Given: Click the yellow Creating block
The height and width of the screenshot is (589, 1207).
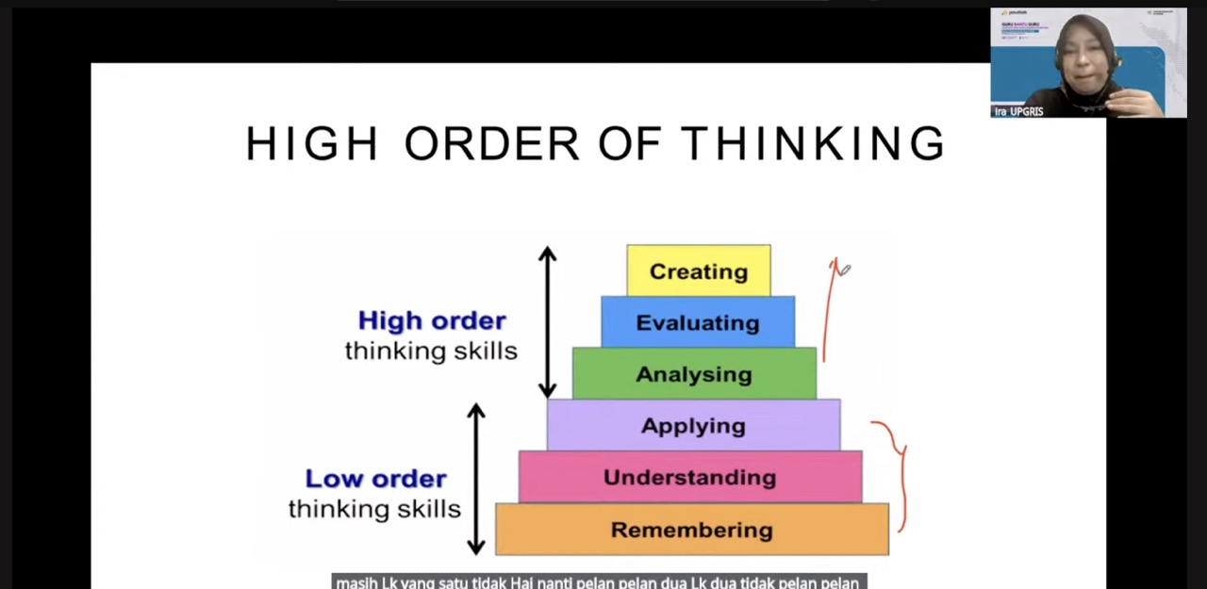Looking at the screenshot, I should click(x=698, y=271).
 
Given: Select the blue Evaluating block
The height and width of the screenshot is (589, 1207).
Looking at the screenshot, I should click(x=698, y=322).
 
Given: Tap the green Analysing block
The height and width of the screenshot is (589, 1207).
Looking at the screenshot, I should click(x=694, y=374).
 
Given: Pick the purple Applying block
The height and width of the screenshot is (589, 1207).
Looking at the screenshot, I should click(x=693, y=425).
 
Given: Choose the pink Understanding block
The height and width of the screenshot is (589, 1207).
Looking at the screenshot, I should click(x=689, y=477).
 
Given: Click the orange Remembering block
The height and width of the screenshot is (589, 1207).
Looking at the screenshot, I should click(x=691, y=529).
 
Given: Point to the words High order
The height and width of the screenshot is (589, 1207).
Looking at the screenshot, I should click(x=432, y=320).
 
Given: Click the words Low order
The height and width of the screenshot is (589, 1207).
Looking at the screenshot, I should click(x=375, y=479).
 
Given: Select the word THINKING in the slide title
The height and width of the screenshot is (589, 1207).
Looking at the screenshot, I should click(x=812, y=144).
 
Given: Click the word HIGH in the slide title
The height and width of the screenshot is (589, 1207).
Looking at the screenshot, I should click(x=311, y=144).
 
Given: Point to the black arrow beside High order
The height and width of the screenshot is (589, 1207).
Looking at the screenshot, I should click(x=548, y=321).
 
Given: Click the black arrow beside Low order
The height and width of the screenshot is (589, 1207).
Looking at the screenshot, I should click(x=476, y=479).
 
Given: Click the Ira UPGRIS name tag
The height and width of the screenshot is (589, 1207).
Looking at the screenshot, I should click(x=1018, y=111).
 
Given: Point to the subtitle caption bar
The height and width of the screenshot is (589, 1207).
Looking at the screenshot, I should click(x=599, y=581).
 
